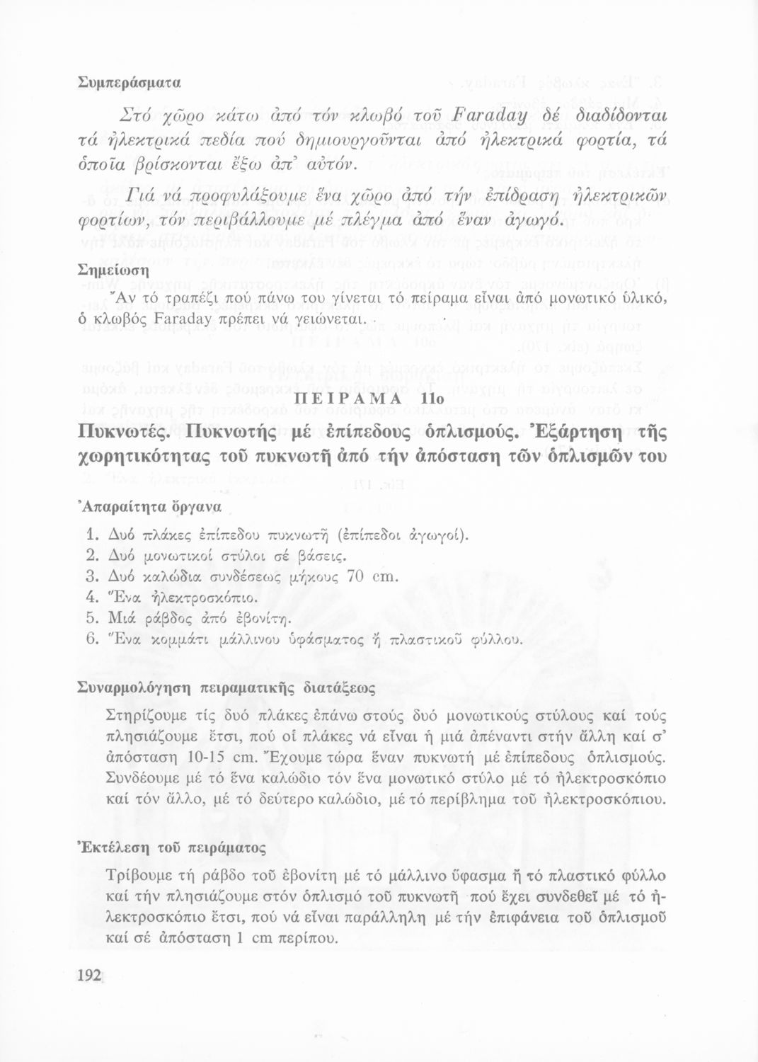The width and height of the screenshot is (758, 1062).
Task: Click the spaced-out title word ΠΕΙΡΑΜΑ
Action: [x=348, y=400]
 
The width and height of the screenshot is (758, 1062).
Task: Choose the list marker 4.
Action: [x=90, y=598]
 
